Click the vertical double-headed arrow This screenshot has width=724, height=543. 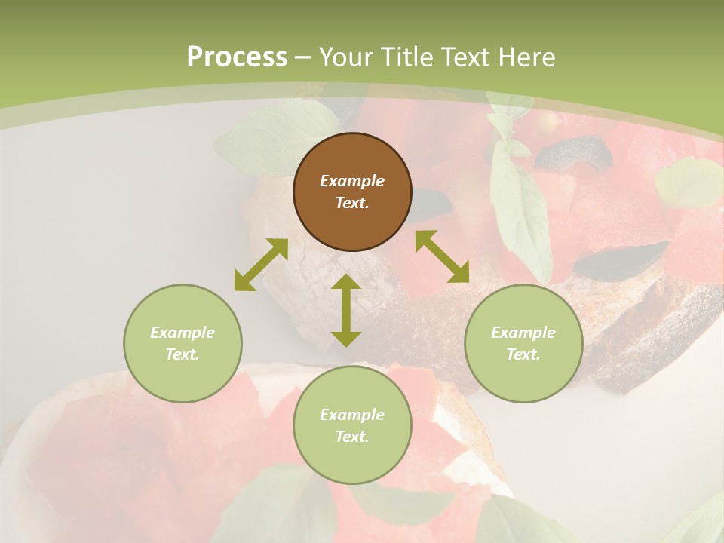coord(346,310)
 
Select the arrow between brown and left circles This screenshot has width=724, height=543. coord(261,265)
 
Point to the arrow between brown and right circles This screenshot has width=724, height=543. coord(442,256)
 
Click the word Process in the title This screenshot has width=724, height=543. coord(237,57)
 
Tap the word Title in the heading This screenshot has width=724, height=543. coord(406,57)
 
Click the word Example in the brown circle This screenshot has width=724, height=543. coord(352,181)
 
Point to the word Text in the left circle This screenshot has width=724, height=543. coord(182,354)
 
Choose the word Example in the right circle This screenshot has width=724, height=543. coord(523,333)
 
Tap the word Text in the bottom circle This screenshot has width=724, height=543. coord(351,437)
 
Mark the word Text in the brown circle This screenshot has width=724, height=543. coord(351,204)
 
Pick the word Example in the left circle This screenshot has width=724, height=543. coord(183,333)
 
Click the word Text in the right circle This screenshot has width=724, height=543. coord(523,354)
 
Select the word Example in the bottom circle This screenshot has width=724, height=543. coord(352,415)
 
